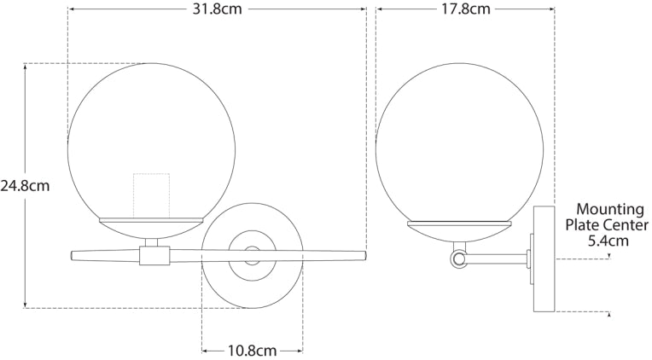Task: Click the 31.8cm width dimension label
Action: click(x=217, y=10)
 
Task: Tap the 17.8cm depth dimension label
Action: click(x=465, y=10)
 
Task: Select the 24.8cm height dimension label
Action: click(x=26, y=184)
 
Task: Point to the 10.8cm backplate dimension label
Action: click(x=252, y=350)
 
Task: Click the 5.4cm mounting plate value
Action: click(x=608, y=241)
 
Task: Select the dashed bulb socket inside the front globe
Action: click(x=152, y=194)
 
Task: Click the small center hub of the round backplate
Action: click(x=253, y=253)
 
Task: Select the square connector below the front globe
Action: click(x=154, y=253)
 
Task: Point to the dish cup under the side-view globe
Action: click(x=459, y=228)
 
